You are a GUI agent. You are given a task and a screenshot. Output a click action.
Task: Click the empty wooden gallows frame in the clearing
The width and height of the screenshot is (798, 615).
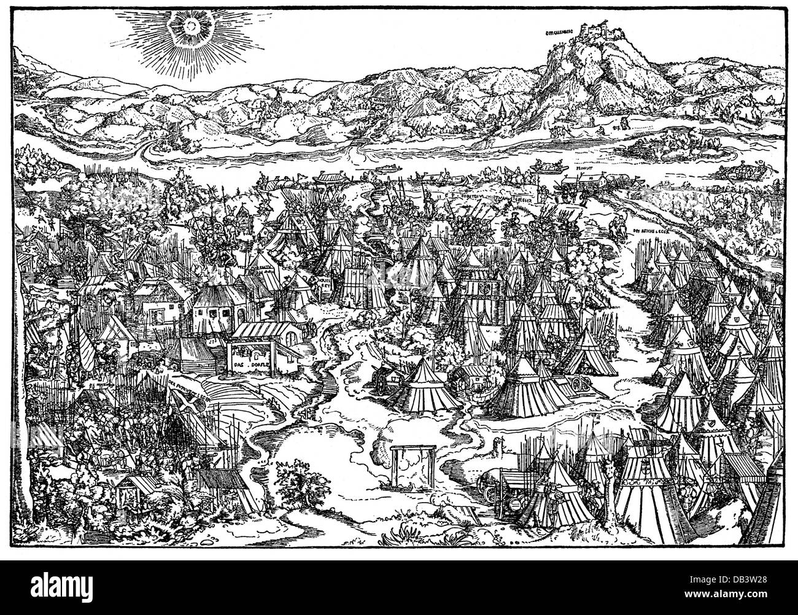click(x=409, y=473)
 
